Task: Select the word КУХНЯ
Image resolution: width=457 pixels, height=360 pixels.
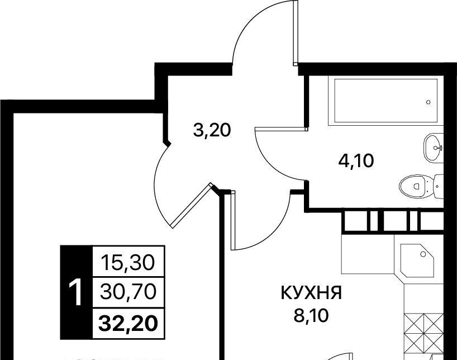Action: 311,293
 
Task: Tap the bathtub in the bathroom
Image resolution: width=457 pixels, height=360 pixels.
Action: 386,101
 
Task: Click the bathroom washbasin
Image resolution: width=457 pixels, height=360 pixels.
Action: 432,148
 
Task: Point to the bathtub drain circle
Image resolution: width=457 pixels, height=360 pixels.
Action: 429,102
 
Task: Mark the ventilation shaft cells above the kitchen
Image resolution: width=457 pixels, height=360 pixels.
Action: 392,221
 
